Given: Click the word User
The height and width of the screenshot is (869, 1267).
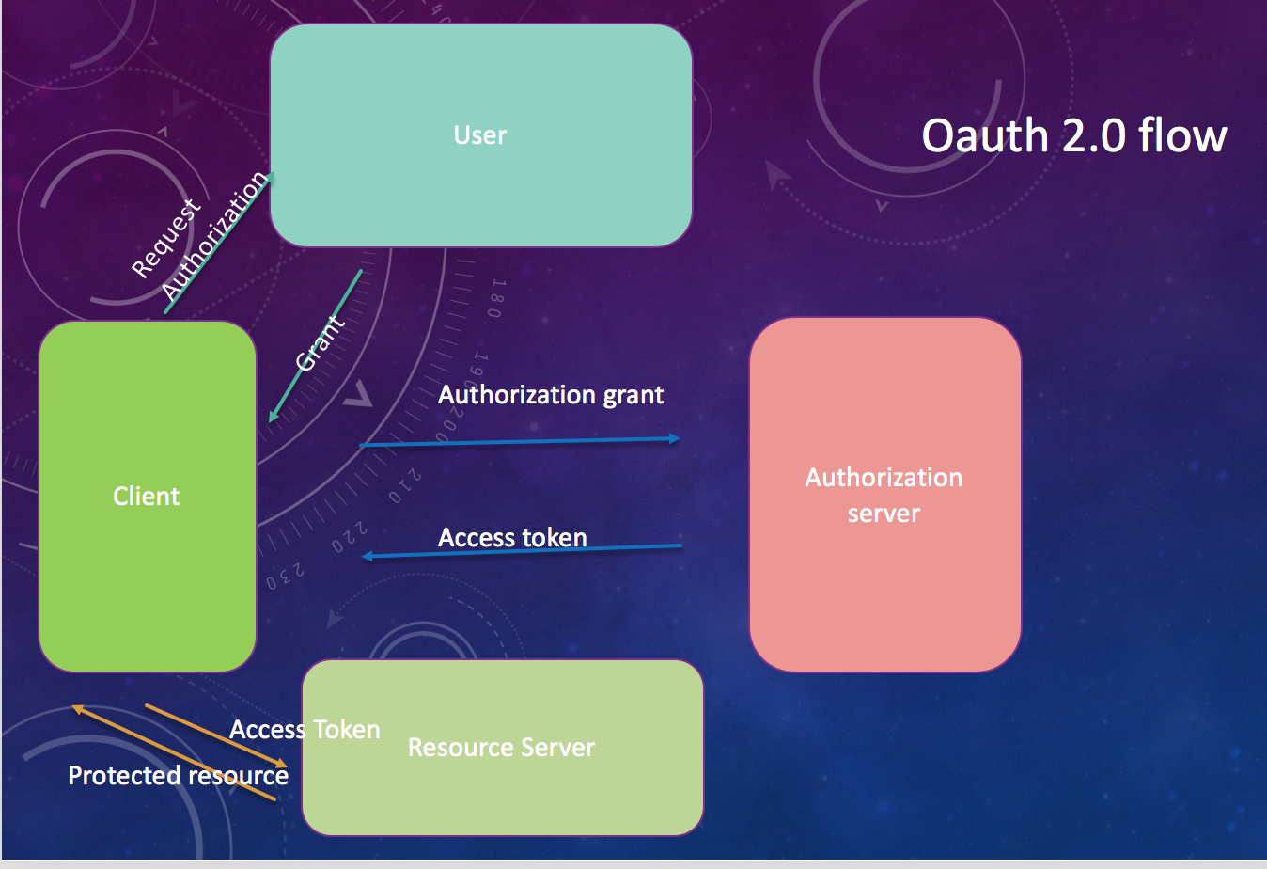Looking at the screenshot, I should [x=480, y=135].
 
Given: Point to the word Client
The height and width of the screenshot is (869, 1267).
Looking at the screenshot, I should [x=147, y=497].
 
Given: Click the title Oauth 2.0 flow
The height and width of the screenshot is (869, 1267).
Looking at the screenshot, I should [x=1073, y=135].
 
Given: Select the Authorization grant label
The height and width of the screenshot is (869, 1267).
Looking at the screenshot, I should [x=551, y=395].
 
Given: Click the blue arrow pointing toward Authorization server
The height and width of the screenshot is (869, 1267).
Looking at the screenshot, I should [x=517, y=441].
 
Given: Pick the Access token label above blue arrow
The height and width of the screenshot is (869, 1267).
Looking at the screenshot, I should [x=512, y=537].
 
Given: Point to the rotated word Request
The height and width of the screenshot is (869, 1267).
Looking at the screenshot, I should [x=165, y=238].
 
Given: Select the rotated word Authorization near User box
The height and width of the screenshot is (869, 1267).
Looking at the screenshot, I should [x=215, y=237].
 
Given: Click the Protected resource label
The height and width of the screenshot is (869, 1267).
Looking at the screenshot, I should [x=178, y=776].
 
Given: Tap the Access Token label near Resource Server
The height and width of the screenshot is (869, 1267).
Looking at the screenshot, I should [x=305, y=730].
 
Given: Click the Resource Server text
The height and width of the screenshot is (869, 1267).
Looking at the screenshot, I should [x=501, y=748].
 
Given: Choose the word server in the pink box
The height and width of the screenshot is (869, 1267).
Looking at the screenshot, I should [x=884, y=513].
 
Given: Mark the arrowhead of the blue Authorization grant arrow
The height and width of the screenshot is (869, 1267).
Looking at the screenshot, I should [x=674, y=438].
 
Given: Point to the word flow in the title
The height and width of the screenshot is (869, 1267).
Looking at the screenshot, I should [x=1182, y=135].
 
